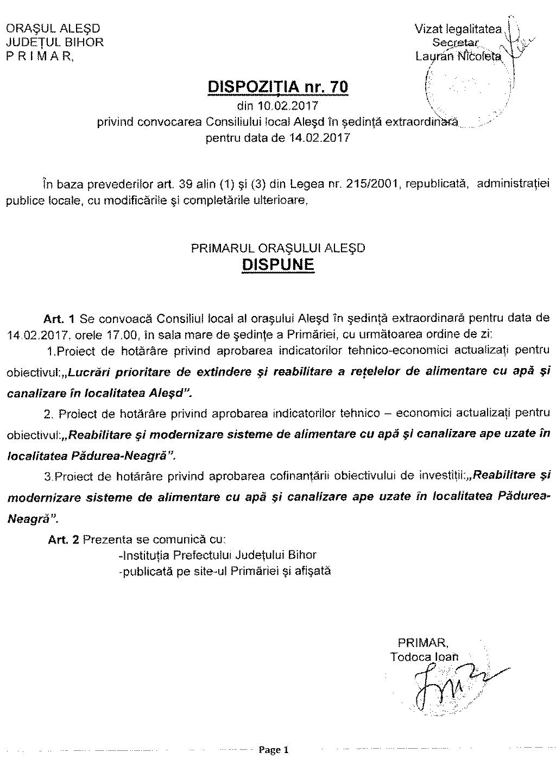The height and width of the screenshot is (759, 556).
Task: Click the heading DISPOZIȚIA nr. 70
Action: (278, 87)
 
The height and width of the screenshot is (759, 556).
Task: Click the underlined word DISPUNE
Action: (278, 265)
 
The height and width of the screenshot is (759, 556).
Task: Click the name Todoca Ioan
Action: (424, 657)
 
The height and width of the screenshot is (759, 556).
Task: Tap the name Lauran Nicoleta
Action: (458, 56)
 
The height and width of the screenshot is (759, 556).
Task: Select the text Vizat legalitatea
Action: (458, 29)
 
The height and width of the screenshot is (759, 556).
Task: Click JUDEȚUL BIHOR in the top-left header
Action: (54, 42)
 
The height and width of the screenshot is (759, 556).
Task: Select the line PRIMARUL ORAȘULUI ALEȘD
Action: (278, 249)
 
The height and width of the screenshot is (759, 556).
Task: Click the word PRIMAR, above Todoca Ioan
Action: (422, 642)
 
